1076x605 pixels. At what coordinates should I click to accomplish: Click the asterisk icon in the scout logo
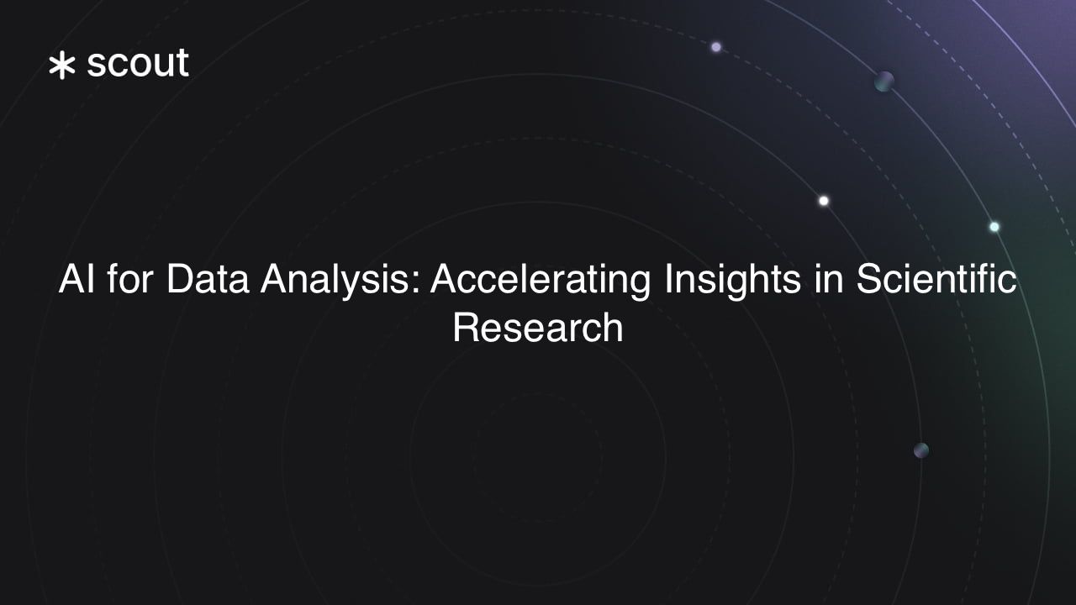62,66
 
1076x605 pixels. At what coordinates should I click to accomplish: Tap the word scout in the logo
138,64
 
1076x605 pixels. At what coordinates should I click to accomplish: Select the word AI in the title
76,279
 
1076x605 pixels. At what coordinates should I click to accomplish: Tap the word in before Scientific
828,279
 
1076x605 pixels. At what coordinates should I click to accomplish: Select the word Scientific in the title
936,279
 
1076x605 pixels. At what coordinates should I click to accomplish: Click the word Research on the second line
538,328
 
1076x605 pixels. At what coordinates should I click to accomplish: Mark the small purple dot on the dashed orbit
716,47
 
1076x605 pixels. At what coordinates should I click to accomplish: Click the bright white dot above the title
824,201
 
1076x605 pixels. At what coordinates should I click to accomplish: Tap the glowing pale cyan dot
994,227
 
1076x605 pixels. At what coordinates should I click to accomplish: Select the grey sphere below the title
921,450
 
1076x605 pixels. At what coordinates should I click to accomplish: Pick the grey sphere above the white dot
883,82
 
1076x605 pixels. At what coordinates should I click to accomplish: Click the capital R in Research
466,328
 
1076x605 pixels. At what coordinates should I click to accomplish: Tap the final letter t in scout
182,64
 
